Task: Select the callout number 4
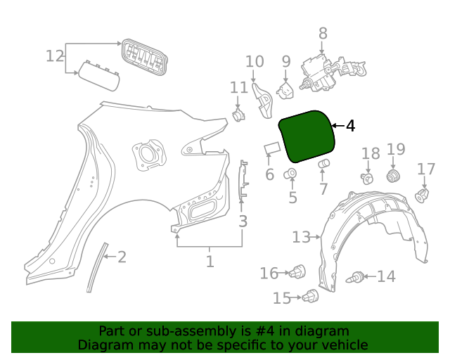point(350,126)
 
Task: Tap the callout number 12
point(55,56)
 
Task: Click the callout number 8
point(323,33)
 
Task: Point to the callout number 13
point(301,237)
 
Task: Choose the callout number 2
point(122,257)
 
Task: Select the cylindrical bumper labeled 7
point(324,165)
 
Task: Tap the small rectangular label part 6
point(271,148)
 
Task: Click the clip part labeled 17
point(422,193)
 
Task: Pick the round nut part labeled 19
point(394,174)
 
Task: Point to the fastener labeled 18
point(367,178)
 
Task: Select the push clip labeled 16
point(300,271)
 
